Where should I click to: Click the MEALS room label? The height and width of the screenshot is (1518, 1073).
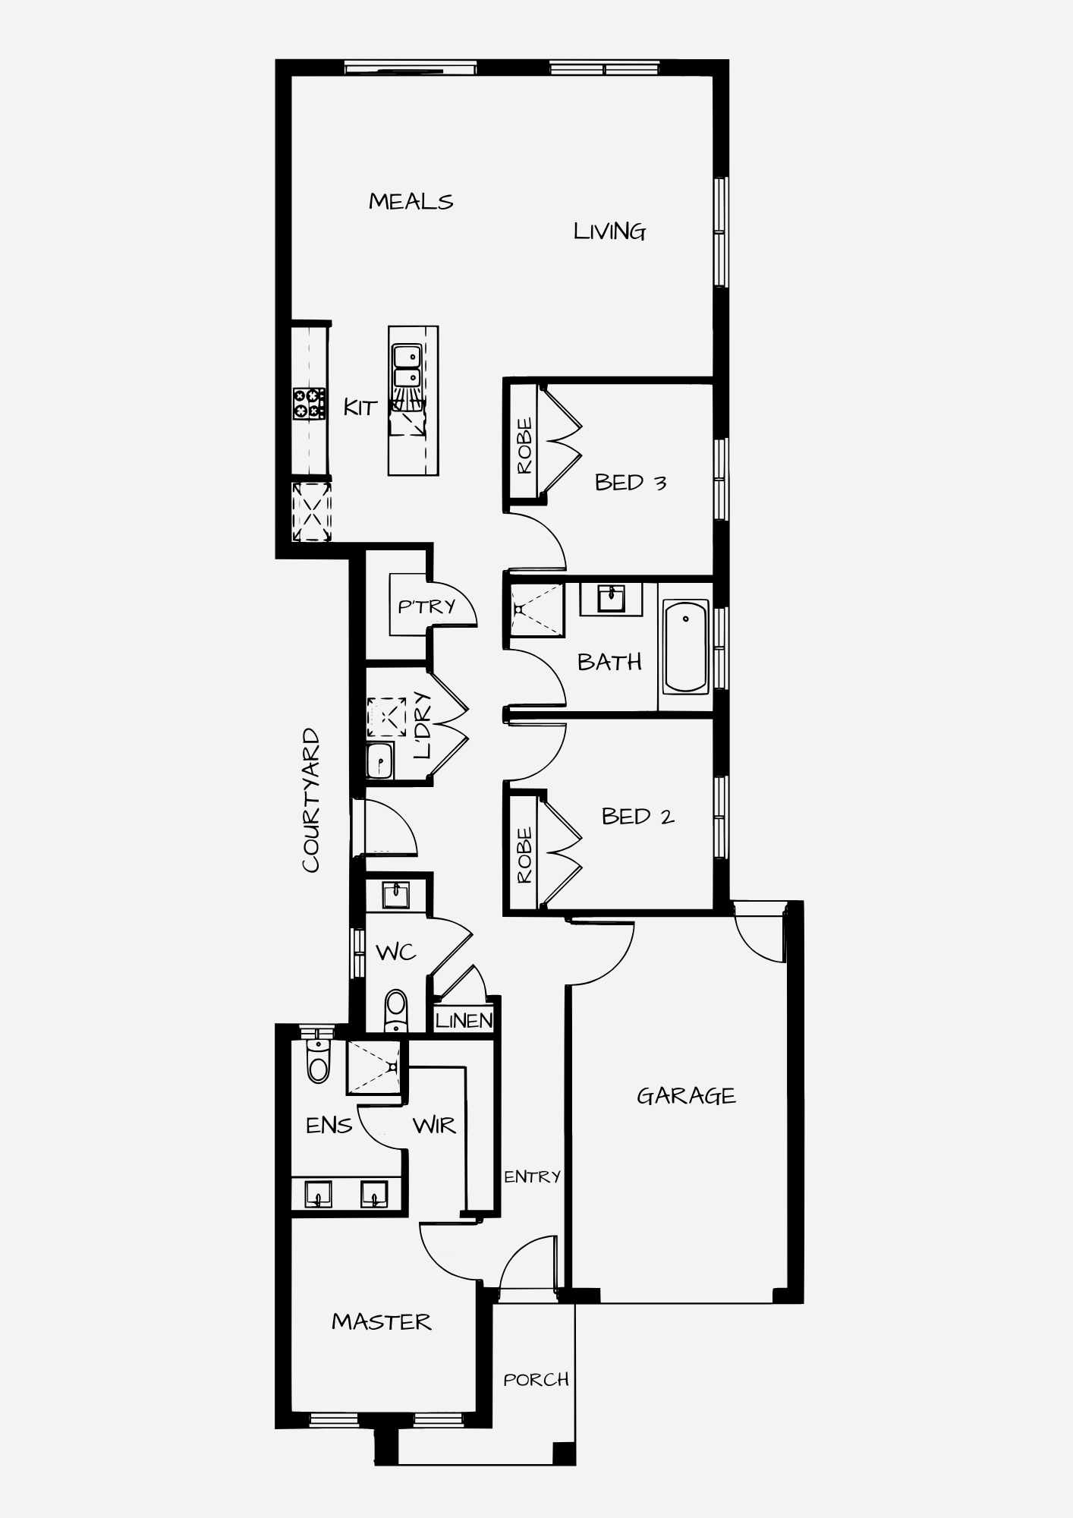pos(411,201)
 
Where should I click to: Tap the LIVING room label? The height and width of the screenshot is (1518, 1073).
pos(609,231)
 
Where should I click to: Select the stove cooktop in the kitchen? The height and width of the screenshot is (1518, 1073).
pos(309,403)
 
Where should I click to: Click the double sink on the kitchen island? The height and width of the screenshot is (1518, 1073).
pos(407,366)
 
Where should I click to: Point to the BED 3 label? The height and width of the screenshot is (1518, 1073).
pos(631,482)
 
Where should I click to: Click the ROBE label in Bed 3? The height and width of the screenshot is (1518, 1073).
pos(524,446)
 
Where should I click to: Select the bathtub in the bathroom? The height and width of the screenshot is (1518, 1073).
pos(686,646)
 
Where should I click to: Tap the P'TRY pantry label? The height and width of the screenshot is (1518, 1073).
pos(426,606)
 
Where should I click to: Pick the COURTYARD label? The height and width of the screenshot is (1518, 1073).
pos(311,801)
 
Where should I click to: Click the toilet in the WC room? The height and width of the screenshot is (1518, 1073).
pos(396,1011)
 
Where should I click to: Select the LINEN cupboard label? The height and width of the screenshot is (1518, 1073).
pos(464,1021)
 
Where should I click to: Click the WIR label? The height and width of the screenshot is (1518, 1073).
pos(434,1125)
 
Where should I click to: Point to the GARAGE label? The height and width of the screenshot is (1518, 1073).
pos(686,1096)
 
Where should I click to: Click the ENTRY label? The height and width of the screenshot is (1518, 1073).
pos(532,1176)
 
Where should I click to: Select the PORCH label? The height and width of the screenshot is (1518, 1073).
pos(536,1379)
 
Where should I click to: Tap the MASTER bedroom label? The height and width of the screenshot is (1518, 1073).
pos(381,1321)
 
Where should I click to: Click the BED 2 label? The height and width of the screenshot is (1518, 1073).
pos(637,817)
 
